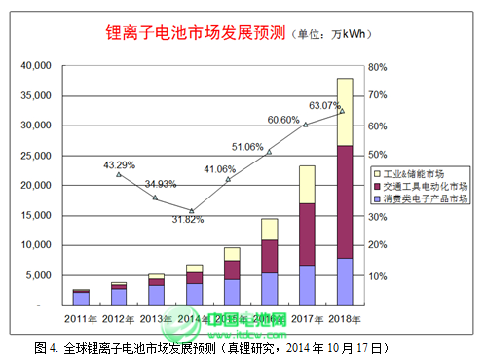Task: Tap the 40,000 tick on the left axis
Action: [35, 66]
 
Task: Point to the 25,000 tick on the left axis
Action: [35, 156]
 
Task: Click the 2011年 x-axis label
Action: [81, 318]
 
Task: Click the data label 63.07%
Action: [325, 105]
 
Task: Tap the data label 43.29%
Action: [119, 164]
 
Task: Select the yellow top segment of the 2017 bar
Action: [307, 184]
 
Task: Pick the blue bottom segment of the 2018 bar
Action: [344, 281]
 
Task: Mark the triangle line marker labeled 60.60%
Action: [305, 125]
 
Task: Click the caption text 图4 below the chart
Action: [46, 346]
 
